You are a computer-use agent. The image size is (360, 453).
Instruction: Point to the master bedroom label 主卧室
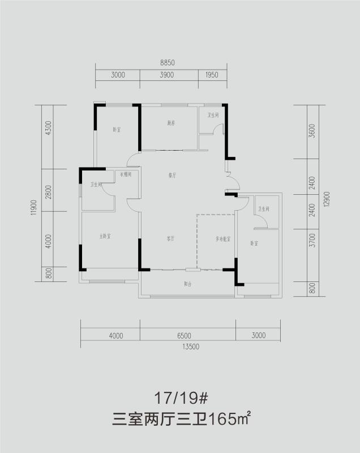tap(105, 236)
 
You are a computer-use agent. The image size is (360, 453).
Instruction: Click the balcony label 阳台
tap(187, 284)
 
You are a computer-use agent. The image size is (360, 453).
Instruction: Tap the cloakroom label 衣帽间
tap(126, 174)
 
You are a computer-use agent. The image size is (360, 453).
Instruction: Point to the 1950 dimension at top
tap(212, 75)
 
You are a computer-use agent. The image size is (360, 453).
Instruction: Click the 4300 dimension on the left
tap(49, 128)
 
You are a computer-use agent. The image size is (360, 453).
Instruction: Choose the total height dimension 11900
tap(35, 207)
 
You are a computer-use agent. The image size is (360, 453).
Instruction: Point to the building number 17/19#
tap(181, 398)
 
